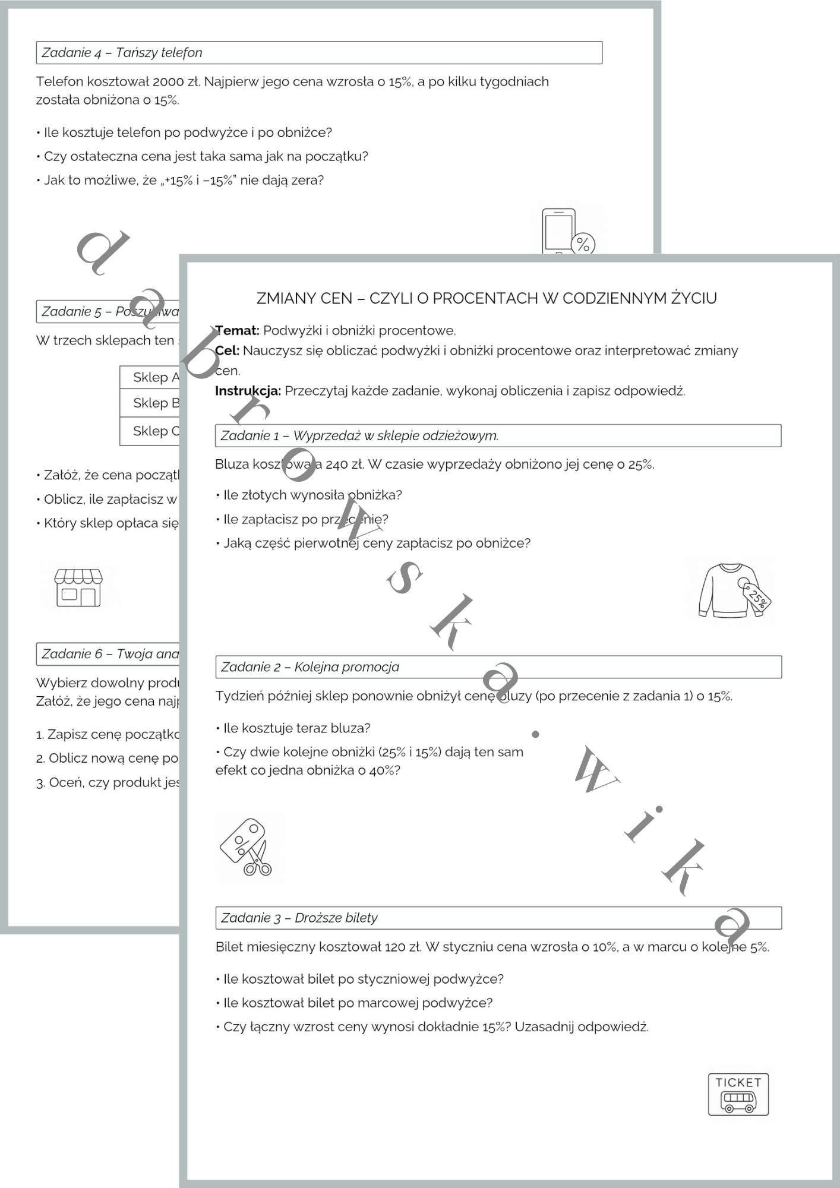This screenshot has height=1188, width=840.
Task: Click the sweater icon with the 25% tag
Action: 734,591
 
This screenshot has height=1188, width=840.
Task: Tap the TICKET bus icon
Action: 738,1094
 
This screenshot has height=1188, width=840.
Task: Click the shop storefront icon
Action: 78,587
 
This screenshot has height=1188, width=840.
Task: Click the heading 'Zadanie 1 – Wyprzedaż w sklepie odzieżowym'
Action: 359,435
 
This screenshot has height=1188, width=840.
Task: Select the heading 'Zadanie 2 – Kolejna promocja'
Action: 310,666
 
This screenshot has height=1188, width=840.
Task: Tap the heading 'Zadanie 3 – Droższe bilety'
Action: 299,918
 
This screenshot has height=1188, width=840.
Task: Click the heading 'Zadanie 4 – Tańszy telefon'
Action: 122,52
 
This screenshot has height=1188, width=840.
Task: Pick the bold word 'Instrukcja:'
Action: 248,391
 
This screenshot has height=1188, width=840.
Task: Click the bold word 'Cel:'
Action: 228,350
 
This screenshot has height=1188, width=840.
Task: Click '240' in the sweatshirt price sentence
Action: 337,465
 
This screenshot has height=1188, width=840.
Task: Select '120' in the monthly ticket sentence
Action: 394,947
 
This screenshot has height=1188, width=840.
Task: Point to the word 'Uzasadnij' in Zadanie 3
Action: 544,1026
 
